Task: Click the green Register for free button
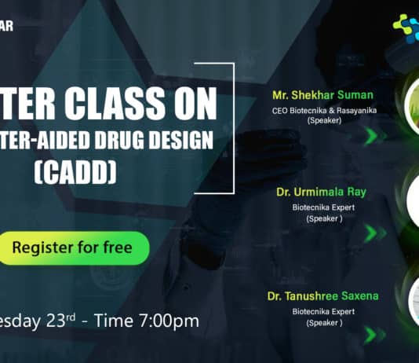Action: click(75, 247)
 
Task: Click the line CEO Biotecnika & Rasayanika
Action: click(324, 110)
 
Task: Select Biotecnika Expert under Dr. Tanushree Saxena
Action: click(324, 311)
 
